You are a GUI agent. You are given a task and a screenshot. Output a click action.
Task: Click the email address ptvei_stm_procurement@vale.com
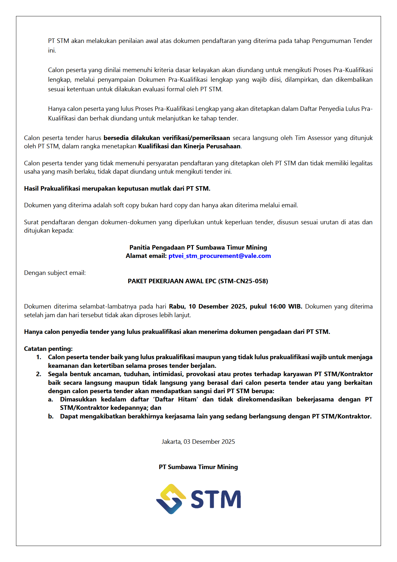point(219,256)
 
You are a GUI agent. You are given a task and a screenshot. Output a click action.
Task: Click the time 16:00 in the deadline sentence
point(277,307)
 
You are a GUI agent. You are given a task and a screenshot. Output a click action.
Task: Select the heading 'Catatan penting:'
point(48,349)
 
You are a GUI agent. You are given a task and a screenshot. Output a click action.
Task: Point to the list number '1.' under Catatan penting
point(39,357)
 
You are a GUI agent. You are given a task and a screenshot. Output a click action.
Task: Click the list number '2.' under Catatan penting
point(39,374)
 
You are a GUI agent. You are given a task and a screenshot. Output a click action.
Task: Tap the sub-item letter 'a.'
point(51,400)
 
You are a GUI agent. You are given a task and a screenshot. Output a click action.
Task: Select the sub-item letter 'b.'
point(51,417)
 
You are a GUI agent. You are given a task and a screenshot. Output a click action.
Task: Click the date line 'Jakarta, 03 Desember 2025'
point(198,442)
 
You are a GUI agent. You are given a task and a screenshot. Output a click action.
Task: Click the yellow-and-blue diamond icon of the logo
point(171,499)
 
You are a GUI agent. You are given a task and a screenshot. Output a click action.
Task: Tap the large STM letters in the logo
point(216,499)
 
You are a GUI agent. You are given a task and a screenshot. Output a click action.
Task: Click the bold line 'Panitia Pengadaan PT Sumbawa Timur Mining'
point(198,248)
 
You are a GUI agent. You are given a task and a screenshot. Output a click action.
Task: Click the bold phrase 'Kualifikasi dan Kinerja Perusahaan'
point(189,146)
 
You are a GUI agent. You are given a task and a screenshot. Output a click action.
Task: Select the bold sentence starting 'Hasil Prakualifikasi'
point(117,189)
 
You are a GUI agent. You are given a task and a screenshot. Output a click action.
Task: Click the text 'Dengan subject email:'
point(55,273)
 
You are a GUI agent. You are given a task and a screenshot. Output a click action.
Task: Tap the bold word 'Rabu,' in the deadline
point(177,307)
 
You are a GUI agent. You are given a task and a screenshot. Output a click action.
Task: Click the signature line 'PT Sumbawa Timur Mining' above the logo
point(198,467)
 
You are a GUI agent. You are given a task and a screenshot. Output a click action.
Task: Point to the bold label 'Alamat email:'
point(146,256)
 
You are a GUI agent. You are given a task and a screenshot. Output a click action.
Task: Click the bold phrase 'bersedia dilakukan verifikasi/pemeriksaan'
point(167,138)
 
